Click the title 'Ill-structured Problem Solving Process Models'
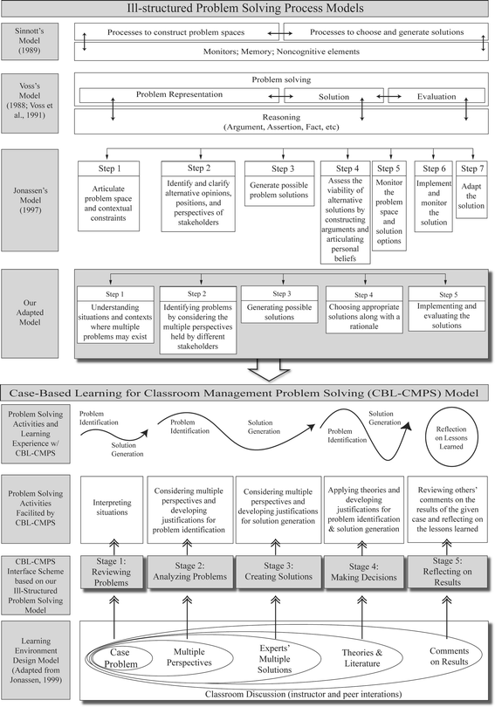point(247,10)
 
